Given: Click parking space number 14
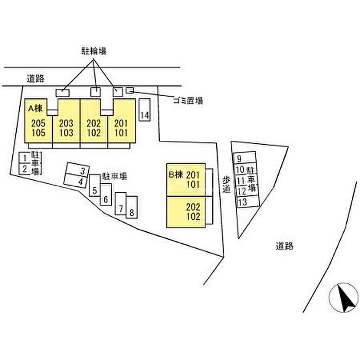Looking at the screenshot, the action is [x=145, y=116].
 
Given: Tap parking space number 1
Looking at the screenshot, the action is [x=24, y=158].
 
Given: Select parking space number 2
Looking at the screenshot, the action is [x=24, y=169].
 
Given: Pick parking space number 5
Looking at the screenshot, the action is [x=95, y=190].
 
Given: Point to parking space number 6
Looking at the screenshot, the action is [x=105, y=200].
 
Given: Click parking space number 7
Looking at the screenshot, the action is [x=121, y=208].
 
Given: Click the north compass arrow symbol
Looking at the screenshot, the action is [x=345, y=297].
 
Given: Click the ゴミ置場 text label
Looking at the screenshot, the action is [x=188, y=101].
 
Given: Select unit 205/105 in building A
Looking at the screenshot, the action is [x=39, y=128].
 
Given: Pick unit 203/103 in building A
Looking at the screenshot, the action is [x=66, y=128].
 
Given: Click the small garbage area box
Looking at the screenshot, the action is [x=130, y=91].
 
